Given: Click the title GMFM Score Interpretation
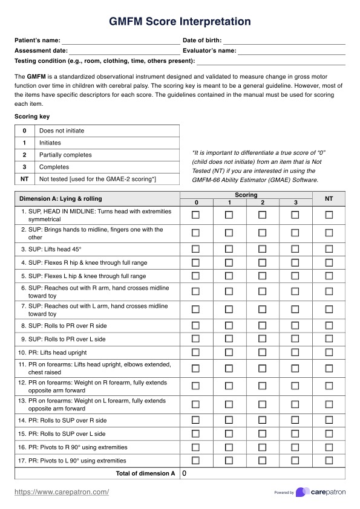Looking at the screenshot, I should tap(180, 22).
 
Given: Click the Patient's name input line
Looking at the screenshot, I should tap(121, 41).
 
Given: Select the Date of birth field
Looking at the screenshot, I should tap(284, 41).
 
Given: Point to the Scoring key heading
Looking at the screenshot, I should tap(32, 117).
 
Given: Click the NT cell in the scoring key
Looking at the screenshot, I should tap(24, 179).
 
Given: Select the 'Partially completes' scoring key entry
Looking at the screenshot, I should tap(65, 155).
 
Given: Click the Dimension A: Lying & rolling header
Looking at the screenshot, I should tap(61, 199).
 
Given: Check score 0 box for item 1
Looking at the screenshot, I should tap(195, 215).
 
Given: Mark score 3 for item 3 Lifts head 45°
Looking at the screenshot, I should tap(295, 249).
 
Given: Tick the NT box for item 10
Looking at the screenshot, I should tap(329, 352).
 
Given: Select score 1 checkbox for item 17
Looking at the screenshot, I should tap(229, 461).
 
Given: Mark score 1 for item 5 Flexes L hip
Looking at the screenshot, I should tap(229, 276).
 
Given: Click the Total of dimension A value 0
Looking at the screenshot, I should tap(185, 474).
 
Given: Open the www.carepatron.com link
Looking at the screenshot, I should tap(62, 492).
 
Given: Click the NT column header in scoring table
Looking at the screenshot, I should tap(329, 199).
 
